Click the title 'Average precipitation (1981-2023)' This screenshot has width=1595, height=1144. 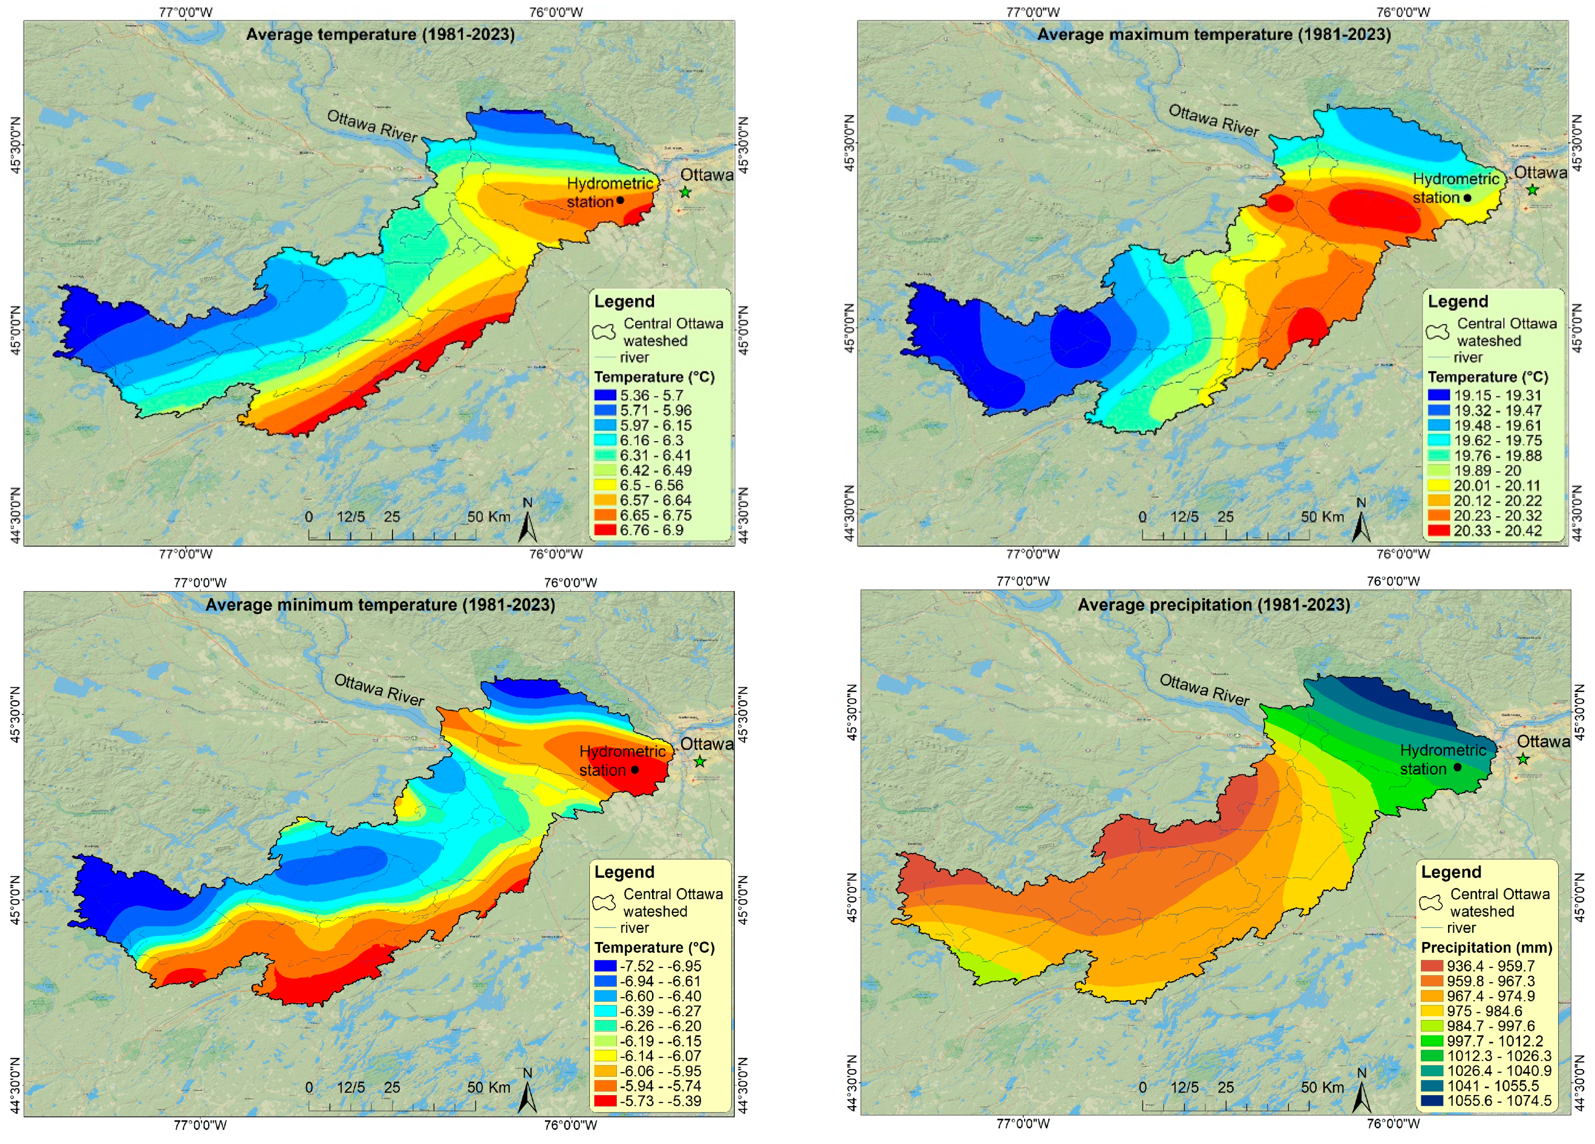1213,605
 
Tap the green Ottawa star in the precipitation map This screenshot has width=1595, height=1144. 1523,759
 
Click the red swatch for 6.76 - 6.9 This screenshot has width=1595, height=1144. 605,529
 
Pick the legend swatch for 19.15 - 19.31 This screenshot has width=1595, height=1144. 1439,395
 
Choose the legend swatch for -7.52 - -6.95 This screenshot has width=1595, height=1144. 605,966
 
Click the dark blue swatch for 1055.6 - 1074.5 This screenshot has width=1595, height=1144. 1432,1101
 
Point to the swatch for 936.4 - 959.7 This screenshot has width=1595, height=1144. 1432,966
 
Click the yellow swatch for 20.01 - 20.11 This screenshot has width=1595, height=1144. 1439,485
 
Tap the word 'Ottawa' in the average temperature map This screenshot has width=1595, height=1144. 706,175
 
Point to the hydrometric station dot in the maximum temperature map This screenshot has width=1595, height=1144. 1468,197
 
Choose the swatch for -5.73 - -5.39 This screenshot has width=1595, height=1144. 605,1101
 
